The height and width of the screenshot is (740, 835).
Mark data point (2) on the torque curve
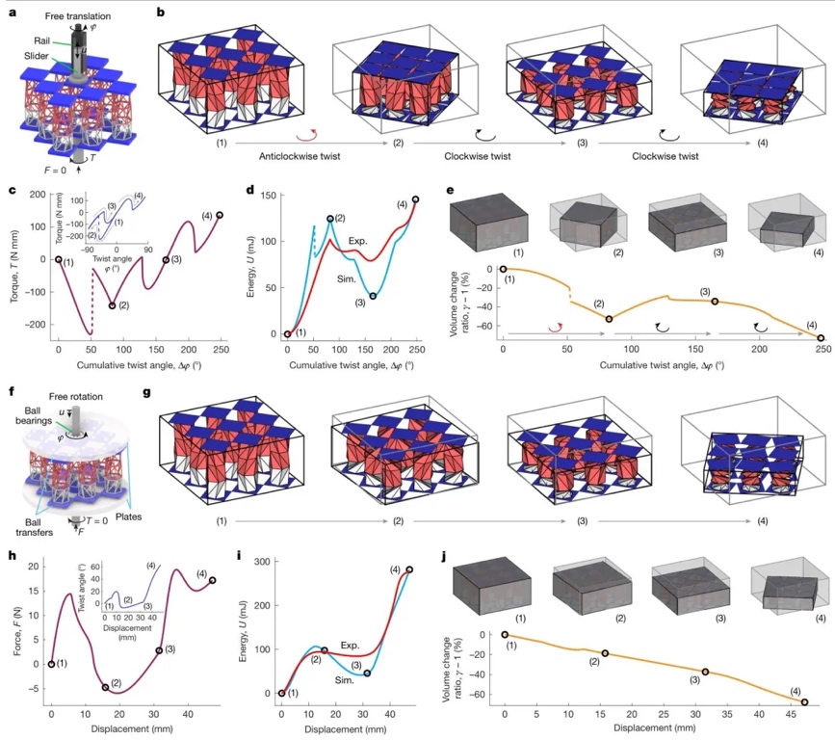pos(112,305)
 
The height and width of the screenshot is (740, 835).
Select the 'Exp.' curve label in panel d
pos(373,242)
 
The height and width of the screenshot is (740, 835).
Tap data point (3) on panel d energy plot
pos(373,296)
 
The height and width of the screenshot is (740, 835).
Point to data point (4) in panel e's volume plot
pos(821,338)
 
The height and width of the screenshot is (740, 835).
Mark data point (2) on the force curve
pos(105,687)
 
